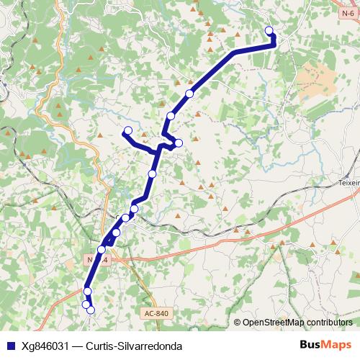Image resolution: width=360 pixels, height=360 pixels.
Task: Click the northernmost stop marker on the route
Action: tap(269, 30)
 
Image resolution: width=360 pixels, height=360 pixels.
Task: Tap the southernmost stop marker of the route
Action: tap(91, 310)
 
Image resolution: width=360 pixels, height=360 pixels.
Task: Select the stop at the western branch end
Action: tap(127, 130)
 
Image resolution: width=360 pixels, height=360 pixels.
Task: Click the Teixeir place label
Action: tap(349, 184)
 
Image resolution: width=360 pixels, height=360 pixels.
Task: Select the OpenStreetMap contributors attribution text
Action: tap(297, 323)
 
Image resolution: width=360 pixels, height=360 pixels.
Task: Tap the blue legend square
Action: tap(10, 346)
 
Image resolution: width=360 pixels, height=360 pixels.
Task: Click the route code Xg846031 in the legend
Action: tap(45, 346)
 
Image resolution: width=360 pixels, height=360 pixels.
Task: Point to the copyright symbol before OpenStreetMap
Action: tap(237, 323)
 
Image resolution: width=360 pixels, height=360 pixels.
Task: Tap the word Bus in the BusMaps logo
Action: tap(311, 345)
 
